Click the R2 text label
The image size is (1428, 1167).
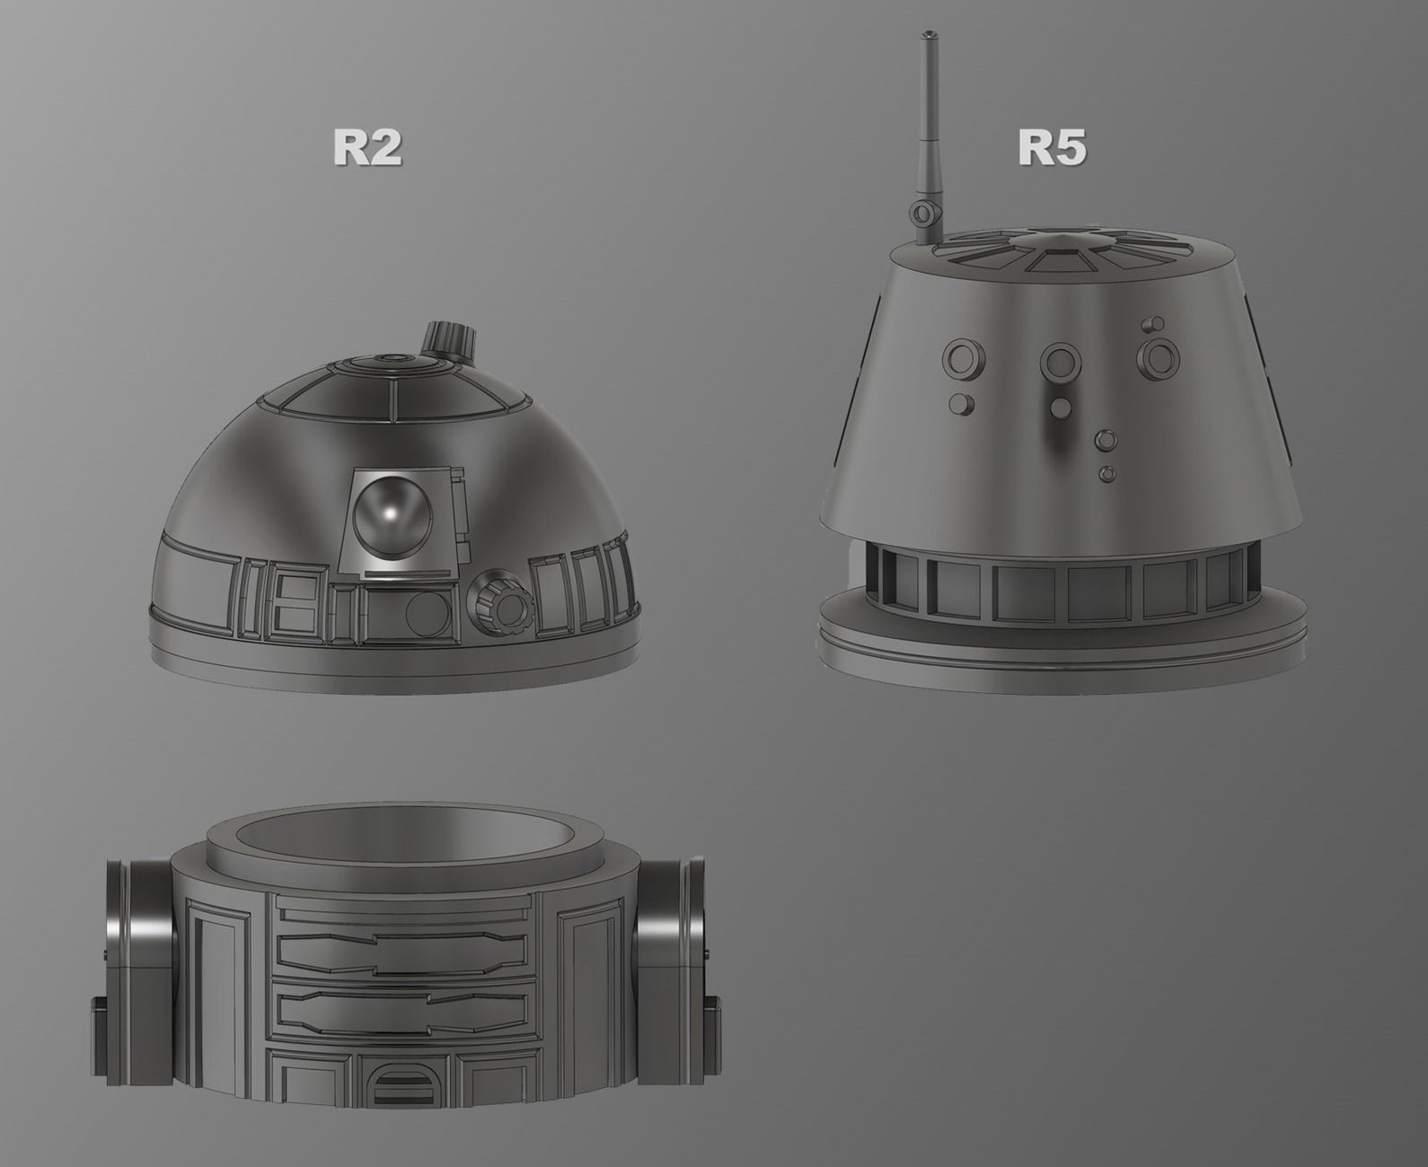pos(367,147)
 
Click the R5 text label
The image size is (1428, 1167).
pos(1052,147)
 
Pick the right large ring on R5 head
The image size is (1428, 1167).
pos(1159,355)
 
